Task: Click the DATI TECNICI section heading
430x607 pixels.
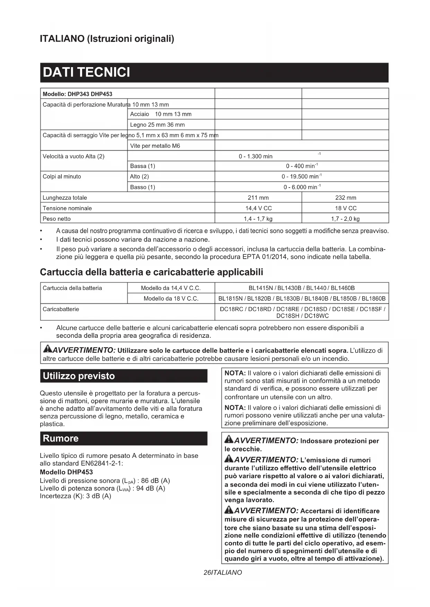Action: coord(87,73)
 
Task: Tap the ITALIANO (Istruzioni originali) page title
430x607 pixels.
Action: coord(107,38)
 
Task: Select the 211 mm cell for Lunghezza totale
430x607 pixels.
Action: coord(258,198)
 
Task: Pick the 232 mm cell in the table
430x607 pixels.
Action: coord(345,198)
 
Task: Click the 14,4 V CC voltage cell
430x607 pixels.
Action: coord(258,208)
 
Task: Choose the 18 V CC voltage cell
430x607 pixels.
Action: coord(345,208)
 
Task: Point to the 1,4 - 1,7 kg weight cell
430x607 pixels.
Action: coord(258,219)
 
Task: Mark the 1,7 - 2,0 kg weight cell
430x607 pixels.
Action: coord(345,219)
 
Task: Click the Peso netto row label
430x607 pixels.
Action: coord(56,219)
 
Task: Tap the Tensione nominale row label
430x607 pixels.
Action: coord(67,208)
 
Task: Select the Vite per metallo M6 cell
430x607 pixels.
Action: coord(155,146)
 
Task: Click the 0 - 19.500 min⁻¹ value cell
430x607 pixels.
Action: coord(301,176)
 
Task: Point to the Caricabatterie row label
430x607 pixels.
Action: coord(61,309)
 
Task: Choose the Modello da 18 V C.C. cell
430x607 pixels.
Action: coord(171,299)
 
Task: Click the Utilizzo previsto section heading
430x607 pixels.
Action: coord(79,376)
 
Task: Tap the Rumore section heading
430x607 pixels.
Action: coord(61,438)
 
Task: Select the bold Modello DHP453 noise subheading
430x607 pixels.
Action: coord(66,472)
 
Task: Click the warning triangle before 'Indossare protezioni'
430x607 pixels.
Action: coord(229,440)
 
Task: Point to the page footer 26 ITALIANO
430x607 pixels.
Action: coord(222,573)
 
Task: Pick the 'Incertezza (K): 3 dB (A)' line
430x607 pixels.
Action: coord(75,496)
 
